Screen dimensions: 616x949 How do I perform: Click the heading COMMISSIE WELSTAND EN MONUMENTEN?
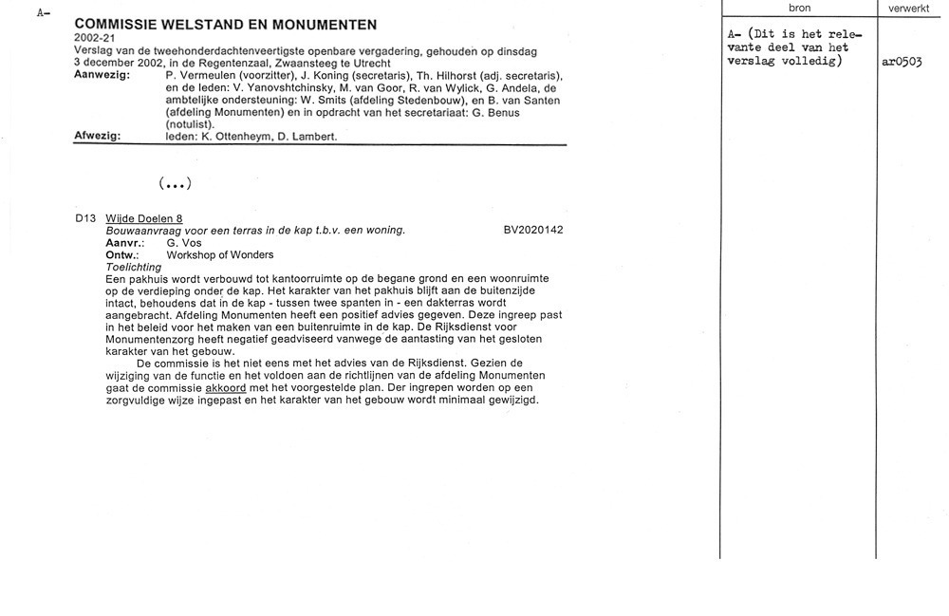tap(225, 25)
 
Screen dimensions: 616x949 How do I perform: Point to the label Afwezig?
tap(97, 136)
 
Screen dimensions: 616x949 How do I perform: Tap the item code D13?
tap(85, 218)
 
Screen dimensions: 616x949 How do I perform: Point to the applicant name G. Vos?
tap(180, 243)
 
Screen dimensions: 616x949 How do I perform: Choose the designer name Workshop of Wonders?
tap(219, 254)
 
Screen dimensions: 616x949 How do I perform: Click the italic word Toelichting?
tap(133, 267)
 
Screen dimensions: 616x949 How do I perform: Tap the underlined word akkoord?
tap(226, 388)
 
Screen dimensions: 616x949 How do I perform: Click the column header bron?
tap(799, 9)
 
